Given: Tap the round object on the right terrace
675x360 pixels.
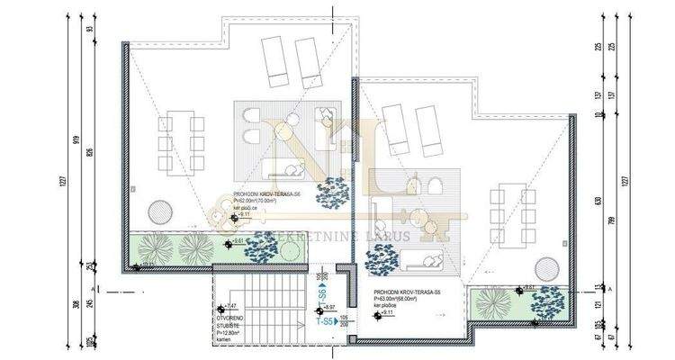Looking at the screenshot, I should tap(545, 267).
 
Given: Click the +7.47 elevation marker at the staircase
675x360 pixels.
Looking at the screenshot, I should tap(229, 307).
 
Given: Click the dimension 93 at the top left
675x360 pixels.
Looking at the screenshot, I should tap(91, 30).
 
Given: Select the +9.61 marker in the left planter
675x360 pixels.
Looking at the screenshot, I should tap(238, 241).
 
